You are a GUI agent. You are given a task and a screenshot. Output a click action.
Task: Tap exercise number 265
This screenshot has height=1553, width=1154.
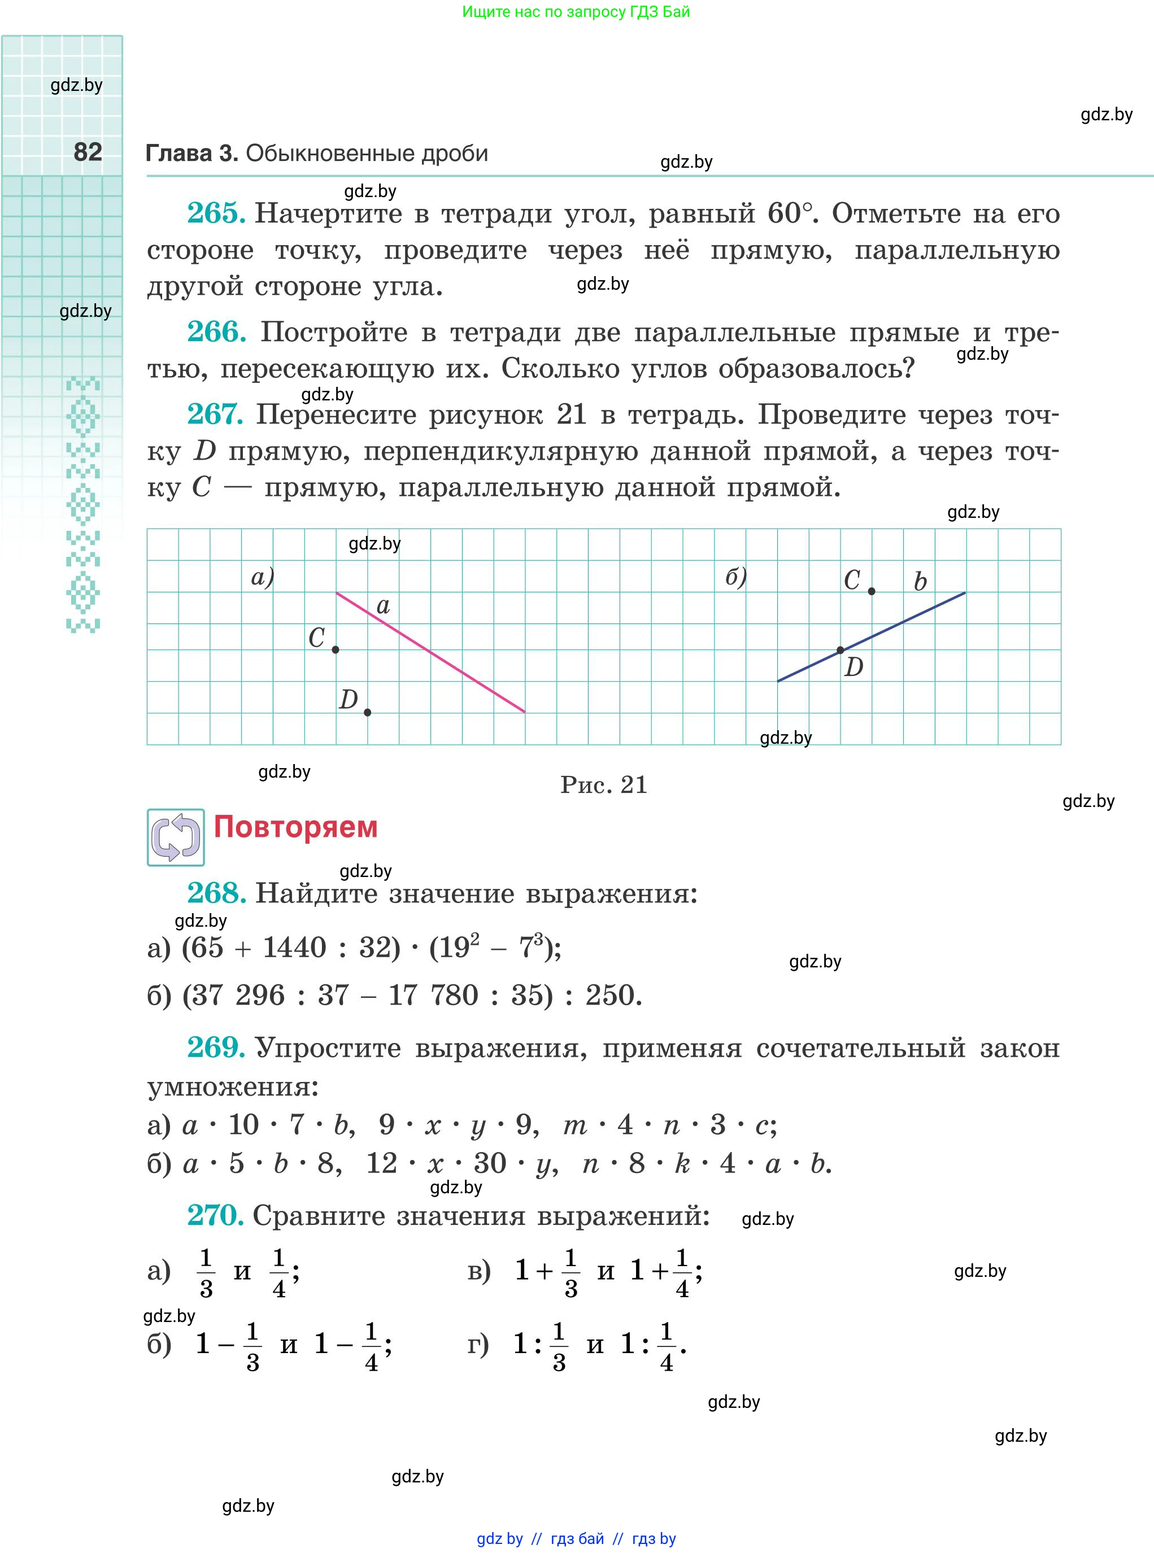tap(215, 213)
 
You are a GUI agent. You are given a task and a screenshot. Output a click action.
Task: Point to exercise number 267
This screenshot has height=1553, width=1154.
tap(215, 414)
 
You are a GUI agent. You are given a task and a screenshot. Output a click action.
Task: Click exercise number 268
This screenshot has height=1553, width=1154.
tap(216, 893)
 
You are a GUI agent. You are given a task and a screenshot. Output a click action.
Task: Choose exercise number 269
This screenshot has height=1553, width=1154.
tap(215, 1048)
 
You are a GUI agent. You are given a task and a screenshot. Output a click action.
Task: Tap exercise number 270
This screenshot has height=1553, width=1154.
tap(215, 1216)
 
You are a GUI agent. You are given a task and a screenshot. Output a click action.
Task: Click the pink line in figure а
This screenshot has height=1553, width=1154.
tap(447, 662)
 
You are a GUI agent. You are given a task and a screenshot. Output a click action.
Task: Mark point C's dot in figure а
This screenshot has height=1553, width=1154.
tap(336, 649)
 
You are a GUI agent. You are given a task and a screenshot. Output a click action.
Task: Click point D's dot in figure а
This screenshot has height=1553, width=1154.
tap(367, 712)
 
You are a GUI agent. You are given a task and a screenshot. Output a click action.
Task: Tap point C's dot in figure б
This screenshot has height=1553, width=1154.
tap(872, 591)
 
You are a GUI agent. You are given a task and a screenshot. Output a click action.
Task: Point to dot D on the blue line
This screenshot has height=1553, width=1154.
tap(841, 650)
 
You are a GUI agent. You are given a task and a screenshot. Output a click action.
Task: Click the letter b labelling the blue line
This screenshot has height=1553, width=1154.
tap(921, 581)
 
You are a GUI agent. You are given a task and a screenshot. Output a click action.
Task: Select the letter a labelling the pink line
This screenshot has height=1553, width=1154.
tap(383, 605)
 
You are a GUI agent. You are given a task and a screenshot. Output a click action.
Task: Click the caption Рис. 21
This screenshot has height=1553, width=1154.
tap(603, 785)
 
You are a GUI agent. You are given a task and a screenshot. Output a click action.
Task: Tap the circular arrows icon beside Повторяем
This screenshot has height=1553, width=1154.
tap(175, 837)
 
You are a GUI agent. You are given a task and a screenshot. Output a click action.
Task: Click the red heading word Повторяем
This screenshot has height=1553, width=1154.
tap(295, 827)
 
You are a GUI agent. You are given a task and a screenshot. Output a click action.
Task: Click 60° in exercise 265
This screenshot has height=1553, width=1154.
tap(791, 213)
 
